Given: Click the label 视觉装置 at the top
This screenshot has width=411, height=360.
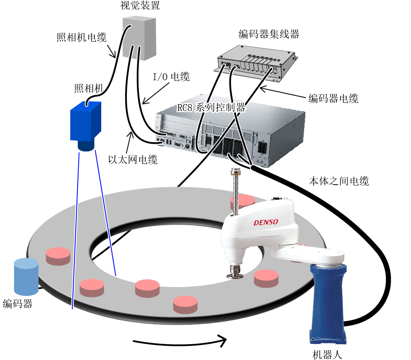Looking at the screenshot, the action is [140, 5].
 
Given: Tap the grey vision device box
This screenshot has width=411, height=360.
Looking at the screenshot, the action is [139, 38].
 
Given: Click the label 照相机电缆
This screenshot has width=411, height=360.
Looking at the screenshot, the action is [81, 37].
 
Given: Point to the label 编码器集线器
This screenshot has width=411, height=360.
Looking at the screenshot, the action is [269, 34].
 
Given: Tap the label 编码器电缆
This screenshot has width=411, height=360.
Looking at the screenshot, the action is [333, 98].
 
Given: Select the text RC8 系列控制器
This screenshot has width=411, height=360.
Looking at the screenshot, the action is [211, 107].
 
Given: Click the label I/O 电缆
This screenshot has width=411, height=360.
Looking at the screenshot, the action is [171, 77].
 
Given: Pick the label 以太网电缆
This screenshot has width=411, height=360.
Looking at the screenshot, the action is [133, 160].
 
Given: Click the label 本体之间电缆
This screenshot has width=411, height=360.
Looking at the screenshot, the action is [339, 181].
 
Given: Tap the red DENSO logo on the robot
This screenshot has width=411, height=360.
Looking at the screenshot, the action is [266, 222].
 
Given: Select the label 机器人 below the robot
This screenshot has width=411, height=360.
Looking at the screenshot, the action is [328, 355].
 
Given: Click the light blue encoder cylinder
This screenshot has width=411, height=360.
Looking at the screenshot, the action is [26, 277].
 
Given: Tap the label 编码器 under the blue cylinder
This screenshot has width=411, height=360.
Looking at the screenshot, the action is [17, 304].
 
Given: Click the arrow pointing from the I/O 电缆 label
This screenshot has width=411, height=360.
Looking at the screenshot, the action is [155, 94].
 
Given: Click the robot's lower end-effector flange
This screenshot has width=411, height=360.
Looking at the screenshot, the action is [235, 275].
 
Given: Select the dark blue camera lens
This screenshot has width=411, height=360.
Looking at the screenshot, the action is [86, 146].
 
